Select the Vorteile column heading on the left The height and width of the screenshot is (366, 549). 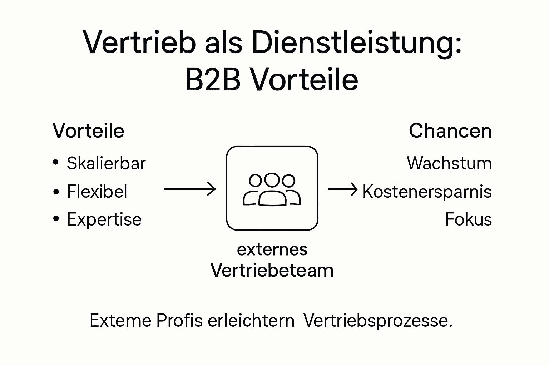click(88, 131)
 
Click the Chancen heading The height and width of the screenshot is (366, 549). click(450, 131)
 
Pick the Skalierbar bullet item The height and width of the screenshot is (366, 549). click(106, 164)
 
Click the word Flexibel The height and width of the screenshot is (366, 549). click(97, 192)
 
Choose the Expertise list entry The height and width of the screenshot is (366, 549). click(104, 219)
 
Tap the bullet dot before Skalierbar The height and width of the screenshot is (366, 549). click(56, 163)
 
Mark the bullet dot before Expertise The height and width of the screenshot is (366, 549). click(56, 219)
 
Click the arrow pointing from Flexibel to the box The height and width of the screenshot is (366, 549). click(190, 189)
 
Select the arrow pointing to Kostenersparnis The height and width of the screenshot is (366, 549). click(342, 189)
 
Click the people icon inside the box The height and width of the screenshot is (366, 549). click(272, 190)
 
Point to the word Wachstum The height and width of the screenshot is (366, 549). click(449, 164)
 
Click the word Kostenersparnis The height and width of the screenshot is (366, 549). click(427, 192)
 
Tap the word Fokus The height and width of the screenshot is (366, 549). click(468, 219)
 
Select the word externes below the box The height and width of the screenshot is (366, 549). click(272, 249)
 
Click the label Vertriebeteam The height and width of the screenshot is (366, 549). click(272, 270)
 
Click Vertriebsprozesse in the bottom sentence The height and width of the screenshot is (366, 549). click(378, 321)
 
